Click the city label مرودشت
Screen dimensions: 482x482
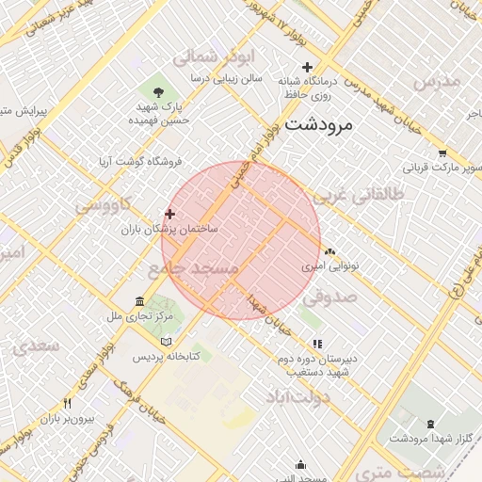tap(317, 124)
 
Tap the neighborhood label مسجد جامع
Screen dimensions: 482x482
tap(194, 269)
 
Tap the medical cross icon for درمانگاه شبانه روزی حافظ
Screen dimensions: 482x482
tap(306, 67)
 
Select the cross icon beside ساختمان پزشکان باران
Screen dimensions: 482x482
tap(169, 214)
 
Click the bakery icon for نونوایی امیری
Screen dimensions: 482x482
tap(329, 252)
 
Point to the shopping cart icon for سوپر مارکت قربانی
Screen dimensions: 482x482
tap(442, 153)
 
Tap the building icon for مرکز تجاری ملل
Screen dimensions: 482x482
tap(140, 301)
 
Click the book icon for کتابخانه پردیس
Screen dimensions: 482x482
tap(167, 342)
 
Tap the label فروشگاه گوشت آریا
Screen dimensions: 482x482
tap(140, 162)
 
